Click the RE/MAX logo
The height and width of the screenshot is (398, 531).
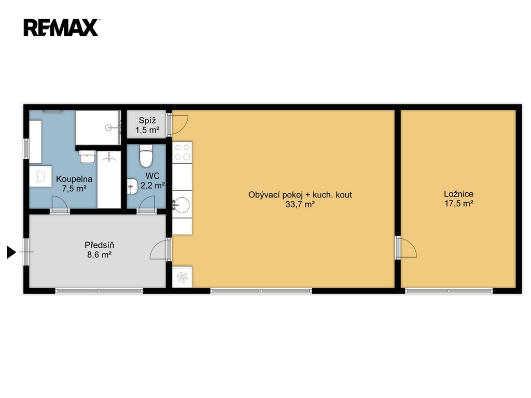[61, 27]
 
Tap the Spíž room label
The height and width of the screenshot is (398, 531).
[147, 120]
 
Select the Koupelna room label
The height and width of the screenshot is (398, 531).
[74, 179]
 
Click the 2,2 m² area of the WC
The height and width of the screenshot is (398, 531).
[152, 186]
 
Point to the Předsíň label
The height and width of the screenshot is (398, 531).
[99, 245]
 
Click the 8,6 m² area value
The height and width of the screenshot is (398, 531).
[99, 254]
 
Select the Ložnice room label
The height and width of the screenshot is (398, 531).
[458, 194]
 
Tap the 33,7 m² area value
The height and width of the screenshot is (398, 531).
[300, 204]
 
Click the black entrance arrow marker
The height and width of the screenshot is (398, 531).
[11, 252]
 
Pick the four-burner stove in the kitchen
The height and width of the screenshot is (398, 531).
[182, 152]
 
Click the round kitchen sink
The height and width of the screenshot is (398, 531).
[182, 205]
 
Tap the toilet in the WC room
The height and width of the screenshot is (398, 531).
[146, 156]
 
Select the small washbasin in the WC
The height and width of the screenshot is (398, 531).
[132, 187]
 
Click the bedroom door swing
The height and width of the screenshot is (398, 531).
[408, 248]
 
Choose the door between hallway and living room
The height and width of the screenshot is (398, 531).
[159, 249]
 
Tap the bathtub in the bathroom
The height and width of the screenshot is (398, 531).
[109, 179]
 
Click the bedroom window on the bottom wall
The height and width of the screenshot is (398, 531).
[449, 291]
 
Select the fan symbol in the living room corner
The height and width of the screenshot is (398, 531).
[182, 277]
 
